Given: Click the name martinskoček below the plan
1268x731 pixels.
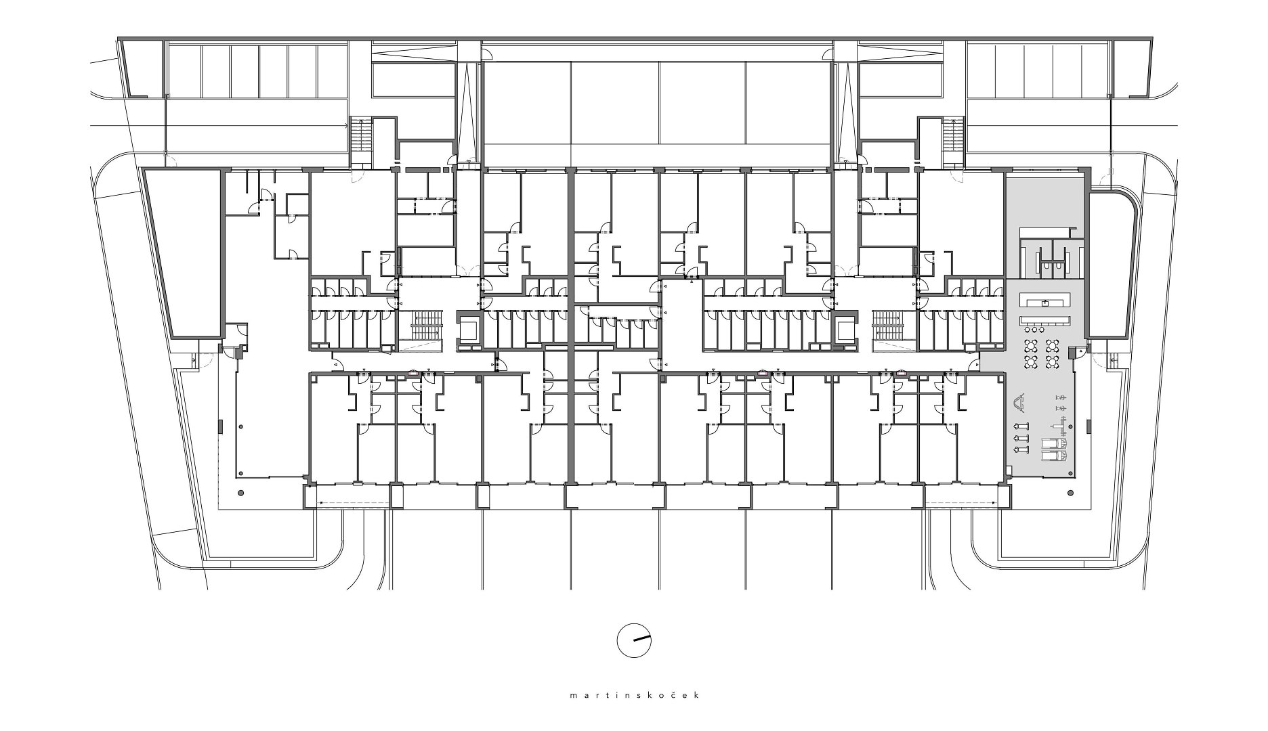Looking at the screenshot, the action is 633,695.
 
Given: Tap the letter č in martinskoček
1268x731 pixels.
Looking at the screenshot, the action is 668,695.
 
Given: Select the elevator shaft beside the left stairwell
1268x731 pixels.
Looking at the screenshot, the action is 468,330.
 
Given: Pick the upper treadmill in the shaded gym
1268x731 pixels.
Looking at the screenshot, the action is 1053,444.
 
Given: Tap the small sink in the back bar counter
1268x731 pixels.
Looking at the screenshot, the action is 1046,303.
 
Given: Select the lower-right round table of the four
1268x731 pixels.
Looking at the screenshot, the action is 1053,362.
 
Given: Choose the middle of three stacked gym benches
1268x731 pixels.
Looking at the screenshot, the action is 1018,439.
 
